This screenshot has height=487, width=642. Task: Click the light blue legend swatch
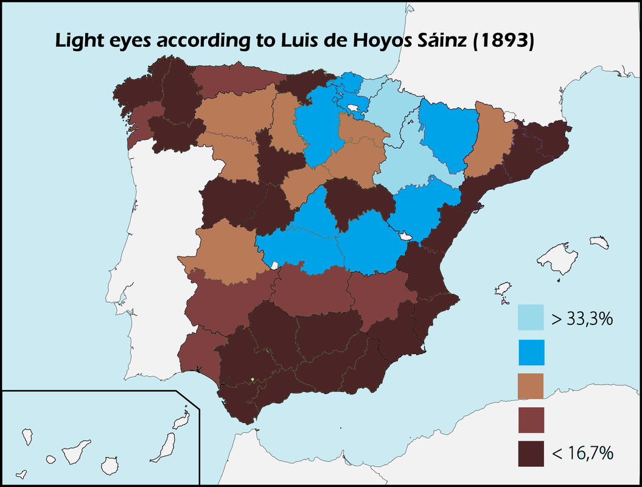531,317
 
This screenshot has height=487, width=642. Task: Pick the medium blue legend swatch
531,352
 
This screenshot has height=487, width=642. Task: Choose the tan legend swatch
531,386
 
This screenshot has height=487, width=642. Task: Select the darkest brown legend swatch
531,454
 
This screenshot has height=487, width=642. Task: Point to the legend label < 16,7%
582,454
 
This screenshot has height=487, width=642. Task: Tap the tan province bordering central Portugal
222,250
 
